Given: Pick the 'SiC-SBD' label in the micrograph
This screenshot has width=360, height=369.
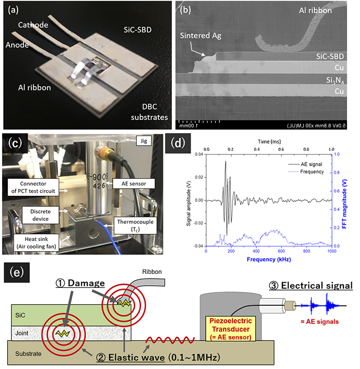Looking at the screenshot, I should pyautogui.click(x=324, y=56).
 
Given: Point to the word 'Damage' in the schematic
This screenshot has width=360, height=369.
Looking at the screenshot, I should pyautogui.click(x=94, y=283).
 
